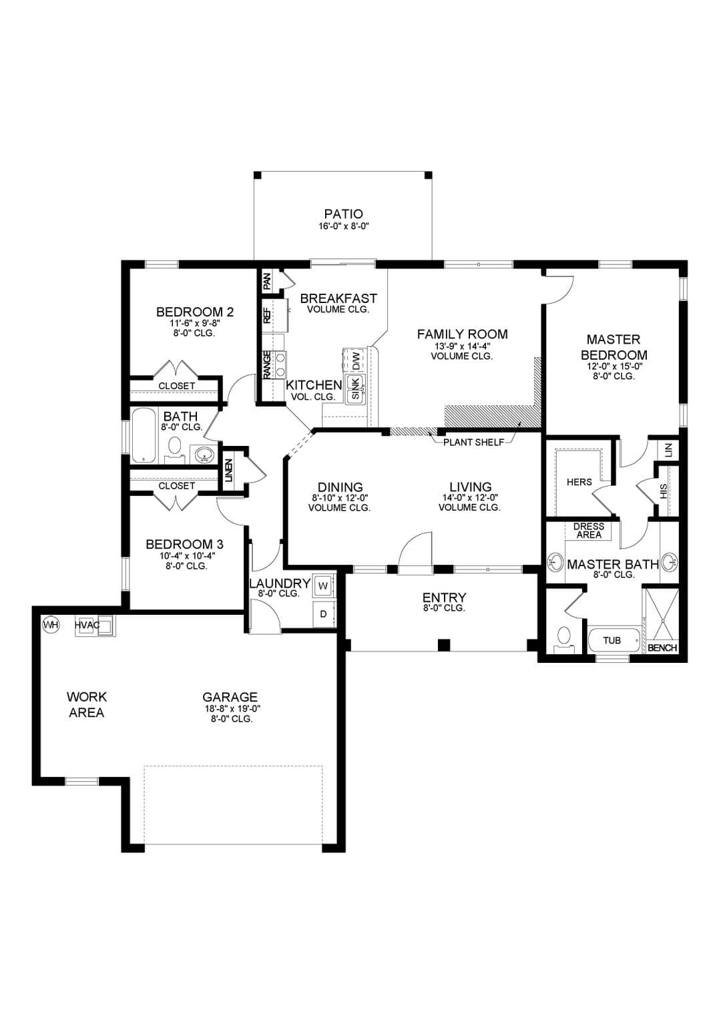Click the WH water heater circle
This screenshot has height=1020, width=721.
[51, 625]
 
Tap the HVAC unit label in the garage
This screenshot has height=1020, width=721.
[87, 625]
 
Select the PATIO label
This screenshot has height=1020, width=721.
[343, 214]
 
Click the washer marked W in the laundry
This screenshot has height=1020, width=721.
[323, 585]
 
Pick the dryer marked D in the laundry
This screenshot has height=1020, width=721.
[323, 614]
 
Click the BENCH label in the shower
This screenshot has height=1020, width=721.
[662, 648]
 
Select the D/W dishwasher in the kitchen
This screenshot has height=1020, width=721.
[356, 360]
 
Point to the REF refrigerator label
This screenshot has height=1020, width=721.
[267, 315]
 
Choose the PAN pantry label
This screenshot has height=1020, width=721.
[267, 282]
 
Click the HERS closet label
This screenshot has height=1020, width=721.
[579, 482]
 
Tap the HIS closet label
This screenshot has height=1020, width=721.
[663, 491]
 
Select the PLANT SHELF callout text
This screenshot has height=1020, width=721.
[474, 442]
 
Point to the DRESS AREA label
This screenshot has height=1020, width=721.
[589, 531]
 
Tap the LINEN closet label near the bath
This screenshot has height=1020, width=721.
[228, 471]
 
